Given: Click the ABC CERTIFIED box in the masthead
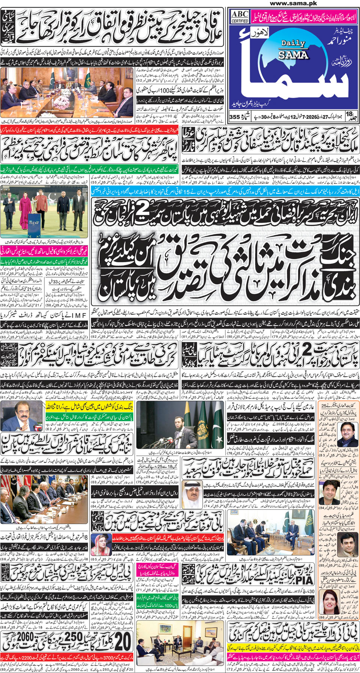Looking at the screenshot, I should (x=240, y=17).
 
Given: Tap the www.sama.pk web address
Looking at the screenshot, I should (x=293, y=3).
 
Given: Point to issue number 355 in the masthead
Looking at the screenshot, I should (x=234, y=117).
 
